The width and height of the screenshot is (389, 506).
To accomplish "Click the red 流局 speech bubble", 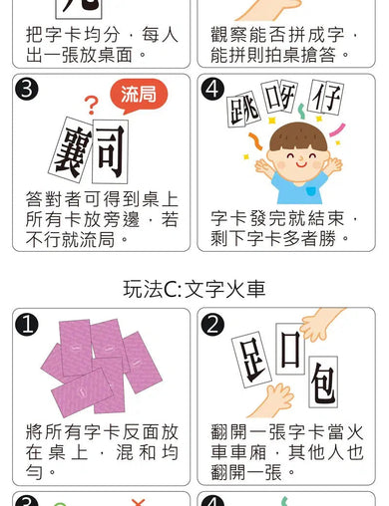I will tap(138, 96).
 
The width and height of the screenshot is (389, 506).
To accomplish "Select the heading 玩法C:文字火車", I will tap(194, 289).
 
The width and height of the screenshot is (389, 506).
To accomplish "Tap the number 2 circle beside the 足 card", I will tap(211, 325).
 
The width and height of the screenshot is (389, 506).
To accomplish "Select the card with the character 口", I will tap(290, 349).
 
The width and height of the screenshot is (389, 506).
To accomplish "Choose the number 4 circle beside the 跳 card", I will tap(211, 90).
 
